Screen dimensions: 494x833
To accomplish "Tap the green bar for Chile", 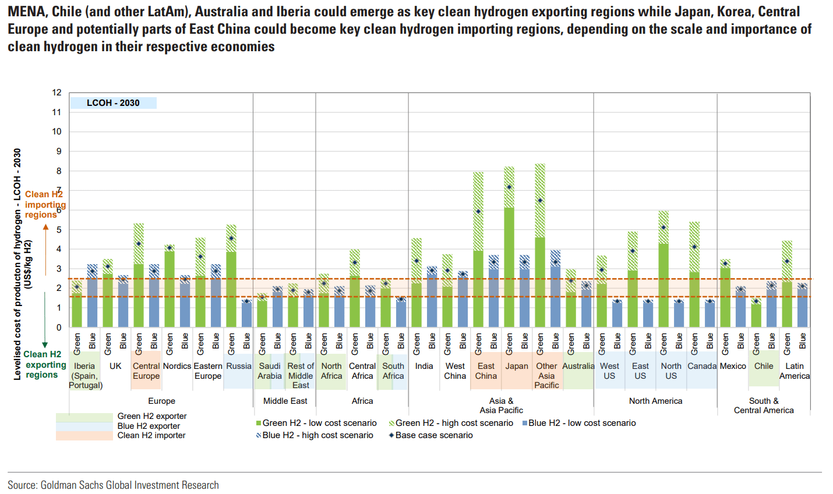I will (x=756, y=314).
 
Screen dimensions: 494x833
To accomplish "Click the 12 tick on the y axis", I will (x=57, y=93).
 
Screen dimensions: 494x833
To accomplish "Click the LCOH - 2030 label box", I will (x=114, y=103).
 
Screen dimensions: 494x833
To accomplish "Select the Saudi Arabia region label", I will (x=270, y=371).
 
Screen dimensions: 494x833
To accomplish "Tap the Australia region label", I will (x=578, y=366).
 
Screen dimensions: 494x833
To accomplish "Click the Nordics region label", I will (x=177, y=366).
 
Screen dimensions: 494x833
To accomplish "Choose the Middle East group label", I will (x=285, y=401).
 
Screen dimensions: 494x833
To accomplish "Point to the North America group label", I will (x=655, y=401).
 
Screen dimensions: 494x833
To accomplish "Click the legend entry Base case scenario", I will (x=434, y=435).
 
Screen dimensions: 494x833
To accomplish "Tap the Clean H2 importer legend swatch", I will (x=84, y=436).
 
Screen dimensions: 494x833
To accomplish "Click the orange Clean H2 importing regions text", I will (x=44, y=204).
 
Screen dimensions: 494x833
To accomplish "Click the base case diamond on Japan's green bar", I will (x=509, y=187).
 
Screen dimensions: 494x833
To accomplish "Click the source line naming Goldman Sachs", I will (x=113, y=485).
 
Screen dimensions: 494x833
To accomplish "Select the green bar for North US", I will (x=663, y=285).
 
